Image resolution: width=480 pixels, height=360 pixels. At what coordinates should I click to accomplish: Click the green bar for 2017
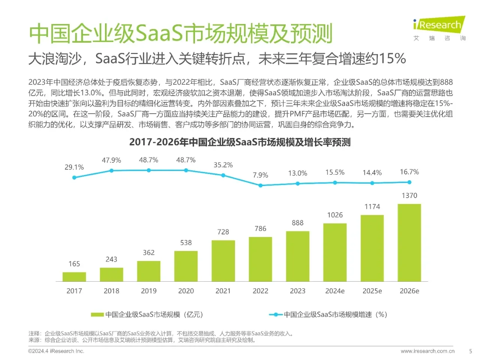(x=74, y=277)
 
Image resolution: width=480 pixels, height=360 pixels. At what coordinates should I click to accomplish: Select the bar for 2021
(x=223, y=261)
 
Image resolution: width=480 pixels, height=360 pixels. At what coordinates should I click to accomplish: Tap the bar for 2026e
(x=409, y=243)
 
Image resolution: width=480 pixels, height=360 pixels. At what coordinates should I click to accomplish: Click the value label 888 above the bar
(x=297, y=223)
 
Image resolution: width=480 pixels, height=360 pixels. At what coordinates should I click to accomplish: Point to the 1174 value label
(x=372, y=207)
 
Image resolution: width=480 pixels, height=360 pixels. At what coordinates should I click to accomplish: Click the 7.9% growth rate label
(x=260, y=175)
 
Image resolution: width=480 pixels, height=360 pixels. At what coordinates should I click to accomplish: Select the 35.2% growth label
(x=223, y=165)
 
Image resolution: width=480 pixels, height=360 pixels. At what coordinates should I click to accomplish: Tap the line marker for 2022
(x=260, y=185)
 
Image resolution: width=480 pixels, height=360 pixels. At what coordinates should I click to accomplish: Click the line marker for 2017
(x=74, y=177)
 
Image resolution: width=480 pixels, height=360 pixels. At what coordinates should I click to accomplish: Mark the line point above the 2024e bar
(x=335, y=183)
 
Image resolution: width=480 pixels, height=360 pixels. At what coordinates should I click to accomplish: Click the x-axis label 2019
(x=148, y=291)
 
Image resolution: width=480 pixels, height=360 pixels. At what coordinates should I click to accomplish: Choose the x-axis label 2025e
(x=372, y=291)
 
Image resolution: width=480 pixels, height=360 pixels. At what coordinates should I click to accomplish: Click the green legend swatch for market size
(x=97, y=315)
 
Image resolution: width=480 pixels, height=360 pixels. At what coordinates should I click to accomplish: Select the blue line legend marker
(x=276, y=315)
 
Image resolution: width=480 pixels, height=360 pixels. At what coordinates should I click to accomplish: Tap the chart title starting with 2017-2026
(x=240, y=142)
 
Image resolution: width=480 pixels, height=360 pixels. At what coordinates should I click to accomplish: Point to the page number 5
(x=471, y=351)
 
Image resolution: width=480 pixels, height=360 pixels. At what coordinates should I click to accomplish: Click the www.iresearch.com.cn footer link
(x=427, y=351)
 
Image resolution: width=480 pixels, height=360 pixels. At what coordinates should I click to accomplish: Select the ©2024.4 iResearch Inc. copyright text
(x=56, y=351)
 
